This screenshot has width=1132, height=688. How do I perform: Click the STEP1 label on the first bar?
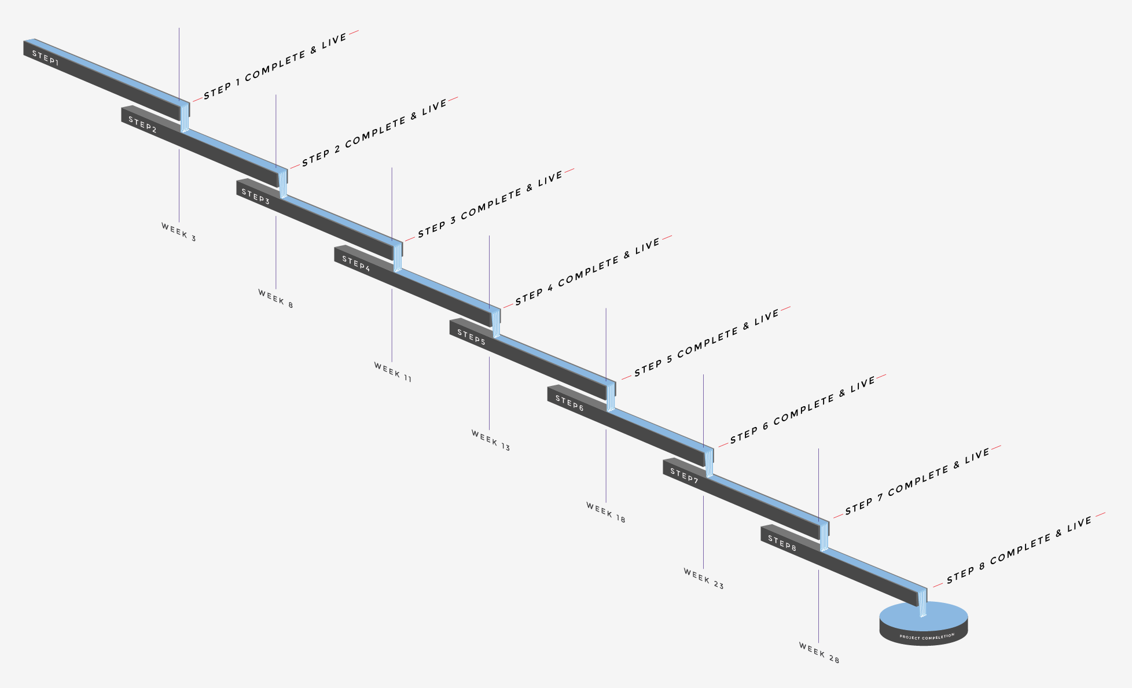[x=45, y=58]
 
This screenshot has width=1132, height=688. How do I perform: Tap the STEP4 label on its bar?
[x=356, y=263]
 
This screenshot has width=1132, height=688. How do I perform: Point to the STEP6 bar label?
[x=569, y=403]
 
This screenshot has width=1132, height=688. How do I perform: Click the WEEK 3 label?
[x=179, y=232]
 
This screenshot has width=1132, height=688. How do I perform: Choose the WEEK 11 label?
[x=393, y=372]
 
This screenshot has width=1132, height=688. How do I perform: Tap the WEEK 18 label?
[x=606, y=513]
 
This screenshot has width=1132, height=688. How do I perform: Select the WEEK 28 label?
[x=819, y=653]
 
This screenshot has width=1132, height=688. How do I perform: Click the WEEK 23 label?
[x=704, y=579]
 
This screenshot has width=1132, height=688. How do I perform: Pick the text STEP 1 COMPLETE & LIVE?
[x=275, y=66]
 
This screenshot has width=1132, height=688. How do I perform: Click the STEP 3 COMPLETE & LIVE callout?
[x=490, y=204]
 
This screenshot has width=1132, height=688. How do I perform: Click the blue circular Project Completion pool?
[x=924, y=615]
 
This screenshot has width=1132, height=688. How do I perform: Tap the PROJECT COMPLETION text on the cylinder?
[x=927, y=637]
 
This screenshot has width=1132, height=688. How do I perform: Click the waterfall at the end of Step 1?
[x=185, y=118]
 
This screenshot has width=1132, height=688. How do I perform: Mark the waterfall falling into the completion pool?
[x=922, y=603]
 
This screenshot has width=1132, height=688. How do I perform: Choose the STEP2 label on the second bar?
[x=142, y=124]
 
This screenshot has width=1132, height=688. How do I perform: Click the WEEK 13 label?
[x=491, y=440]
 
